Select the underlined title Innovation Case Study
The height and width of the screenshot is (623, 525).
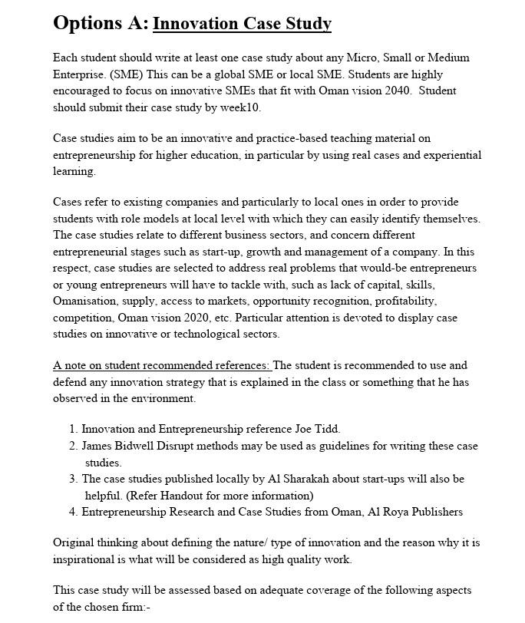pos(242,24)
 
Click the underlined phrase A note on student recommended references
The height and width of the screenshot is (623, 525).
pos(161,365)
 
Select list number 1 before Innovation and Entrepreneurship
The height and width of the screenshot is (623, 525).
pos(73,430)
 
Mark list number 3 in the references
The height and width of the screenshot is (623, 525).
pos(73,479)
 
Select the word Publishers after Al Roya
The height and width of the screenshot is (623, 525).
pos(434,512)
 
